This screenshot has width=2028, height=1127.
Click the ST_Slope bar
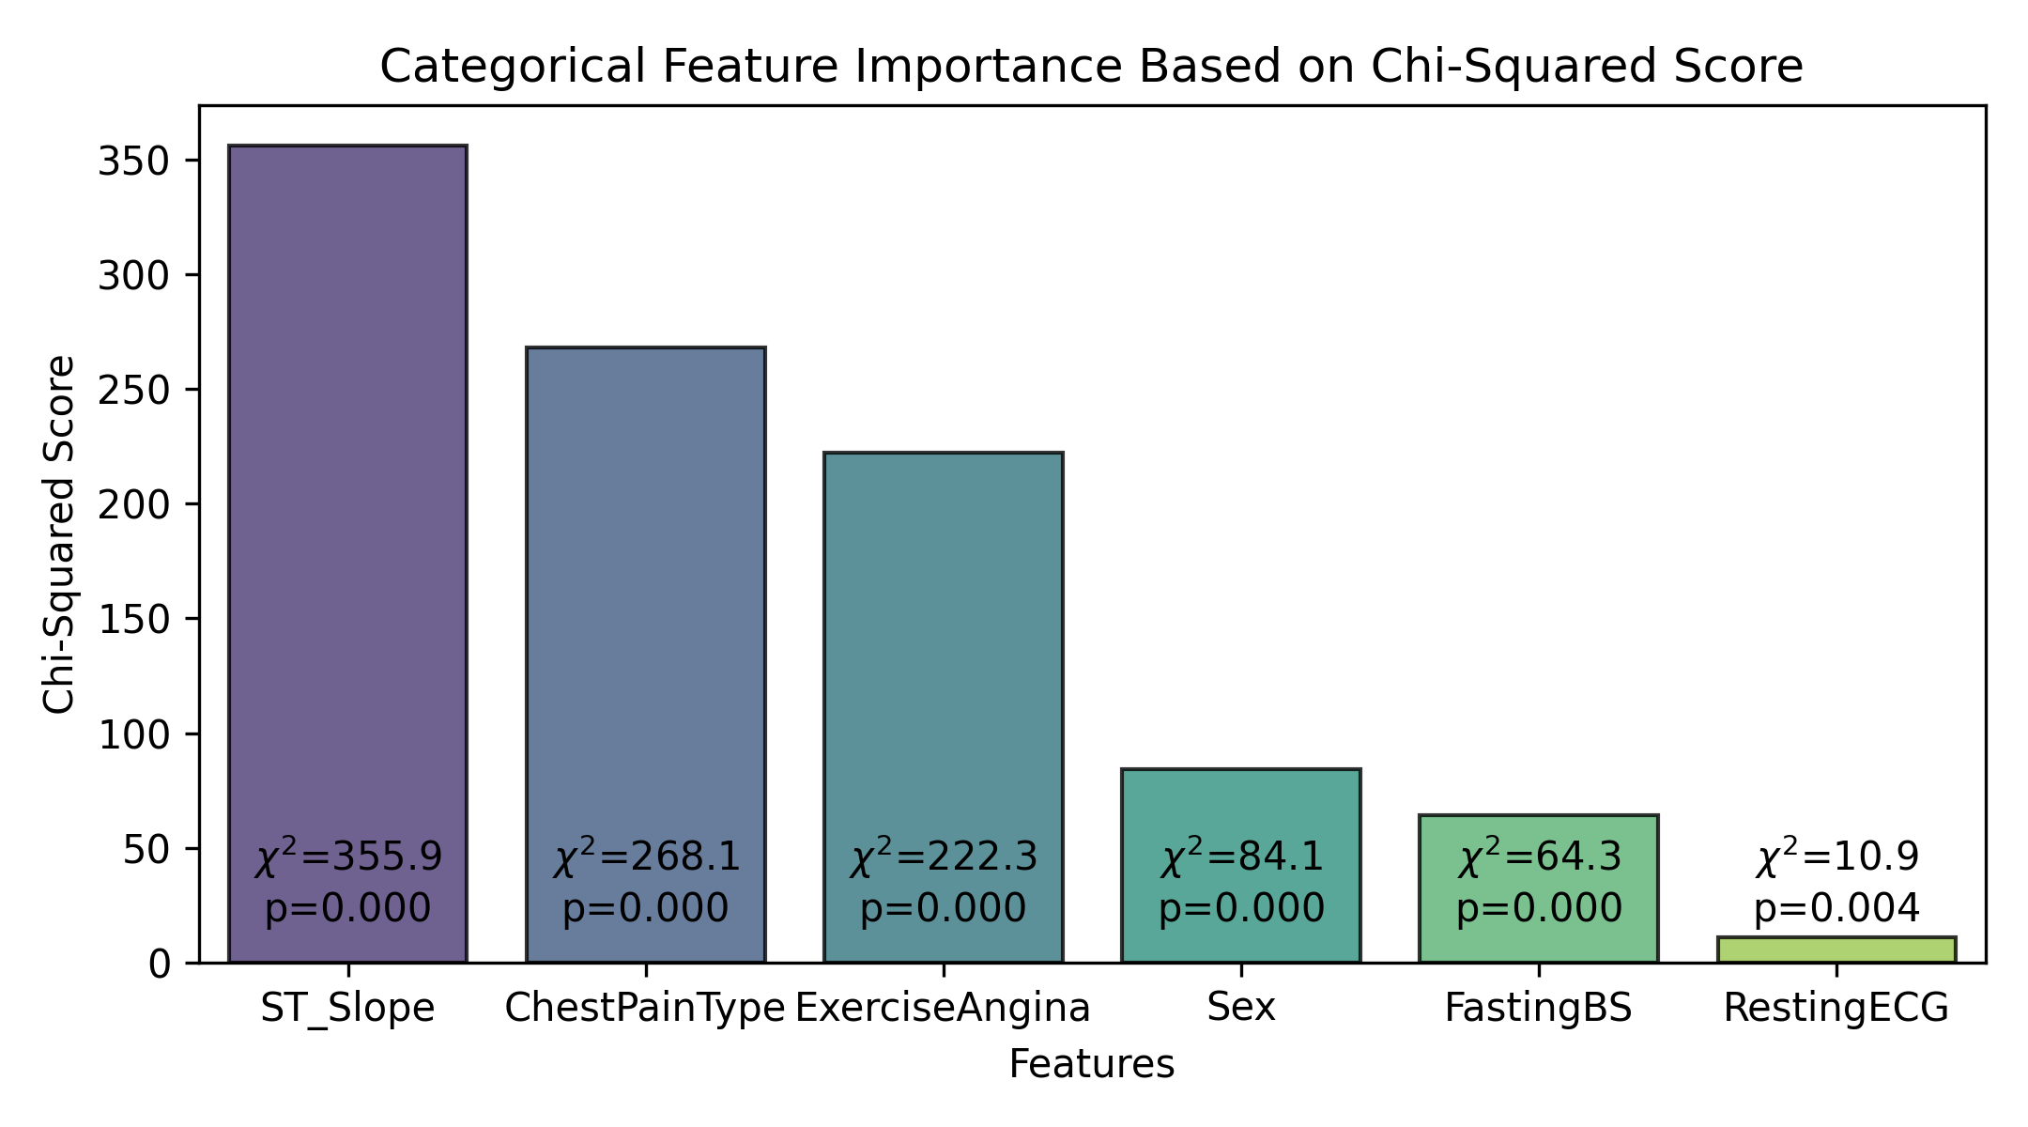coord(347,554)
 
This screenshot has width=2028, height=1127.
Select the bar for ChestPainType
coord(646,655)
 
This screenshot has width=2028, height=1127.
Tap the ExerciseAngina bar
coord(944,707)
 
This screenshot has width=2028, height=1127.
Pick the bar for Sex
coord(1241,866)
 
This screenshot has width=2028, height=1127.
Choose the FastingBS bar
coord(1539,888)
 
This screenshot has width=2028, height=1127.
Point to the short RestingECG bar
coord(1836,949)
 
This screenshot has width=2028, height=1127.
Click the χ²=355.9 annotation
coord(348,857)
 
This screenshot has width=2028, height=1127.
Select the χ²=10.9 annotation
coord(1837,857)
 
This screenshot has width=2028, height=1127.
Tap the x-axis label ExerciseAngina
coord(944,1009)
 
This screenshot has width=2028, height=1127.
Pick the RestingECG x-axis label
coord(1836,1009)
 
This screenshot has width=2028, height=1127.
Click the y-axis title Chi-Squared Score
coord(60,534)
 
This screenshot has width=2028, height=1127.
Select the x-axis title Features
coord(1092,1065)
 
